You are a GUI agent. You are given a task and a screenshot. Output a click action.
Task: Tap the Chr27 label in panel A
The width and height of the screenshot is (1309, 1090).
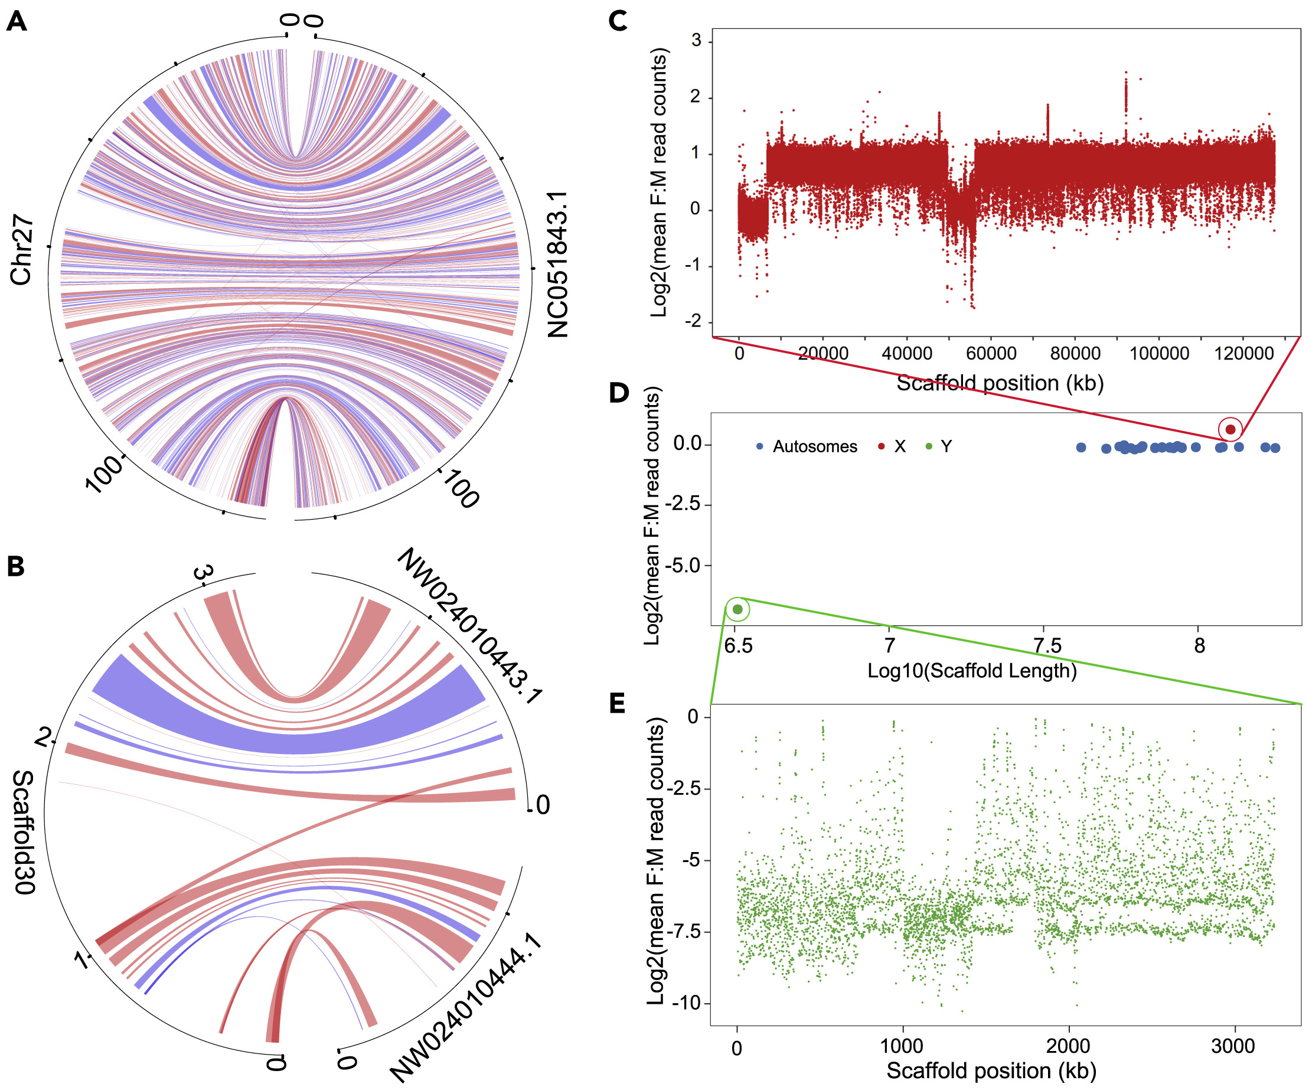coord(21,250)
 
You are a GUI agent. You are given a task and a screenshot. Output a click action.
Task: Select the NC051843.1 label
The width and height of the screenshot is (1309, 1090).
coord(557,265)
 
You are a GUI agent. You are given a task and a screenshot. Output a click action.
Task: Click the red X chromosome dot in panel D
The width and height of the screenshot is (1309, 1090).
coord(1230,429)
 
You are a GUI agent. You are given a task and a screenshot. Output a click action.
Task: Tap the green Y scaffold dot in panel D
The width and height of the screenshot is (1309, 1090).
coord(737,609)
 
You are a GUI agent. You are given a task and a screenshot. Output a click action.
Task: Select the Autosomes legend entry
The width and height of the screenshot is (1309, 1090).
coord(814,446)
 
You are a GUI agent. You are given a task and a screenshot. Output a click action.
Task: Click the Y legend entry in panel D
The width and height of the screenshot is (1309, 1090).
coord(946,446)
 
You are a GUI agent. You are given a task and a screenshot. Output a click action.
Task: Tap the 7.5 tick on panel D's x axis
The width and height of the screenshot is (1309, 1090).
coord(1047,645)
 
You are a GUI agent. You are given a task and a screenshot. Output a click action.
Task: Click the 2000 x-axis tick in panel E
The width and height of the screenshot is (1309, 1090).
coord(1068,1046)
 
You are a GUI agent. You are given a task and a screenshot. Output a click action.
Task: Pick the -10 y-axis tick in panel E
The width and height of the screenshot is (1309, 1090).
coord(687,1003)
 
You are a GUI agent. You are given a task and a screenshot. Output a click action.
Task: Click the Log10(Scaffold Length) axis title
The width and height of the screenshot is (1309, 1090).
coord(972,671)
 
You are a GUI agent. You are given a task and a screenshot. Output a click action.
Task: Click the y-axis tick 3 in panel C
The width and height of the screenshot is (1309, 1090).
coord(696,41)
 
